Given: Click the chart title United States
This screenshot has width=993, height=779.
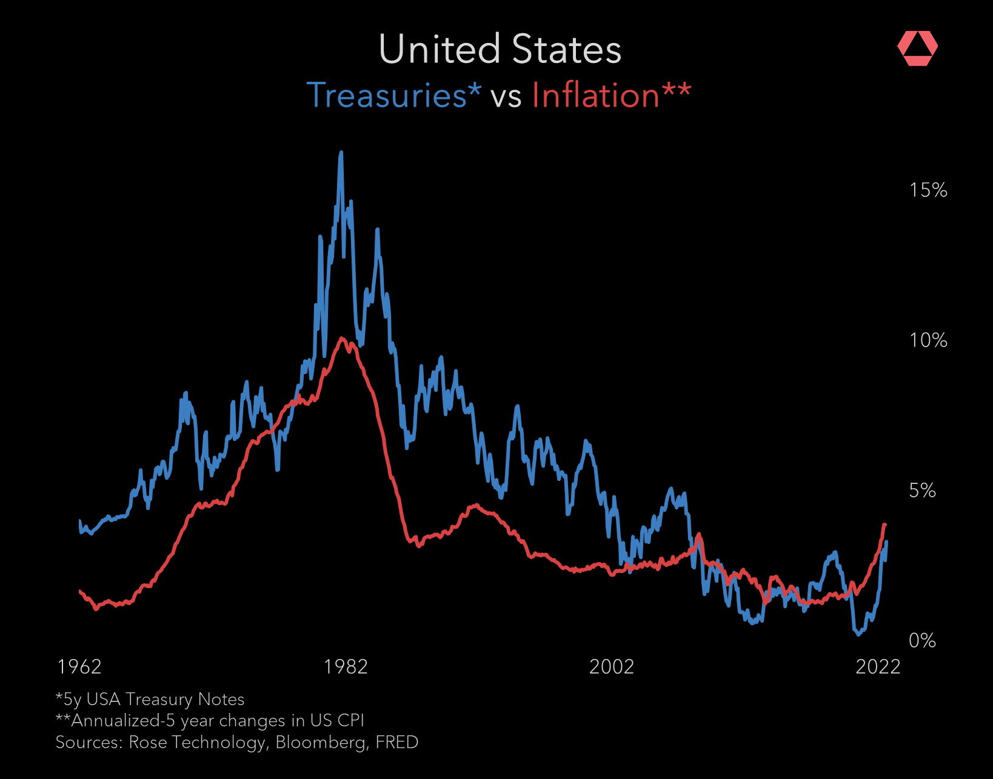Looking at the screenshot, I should (500, 49).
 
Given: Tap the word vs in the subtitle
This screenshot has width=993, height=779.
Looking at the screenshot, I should (506, 97).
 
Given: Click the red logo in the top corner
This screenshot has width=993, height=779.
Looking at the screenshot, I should (917, 48).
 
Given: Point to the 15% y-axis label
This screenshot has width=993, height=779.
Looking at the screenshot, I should (928, 190).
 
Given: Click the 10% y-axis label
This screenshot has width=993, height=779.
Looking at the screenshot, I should (928, 340).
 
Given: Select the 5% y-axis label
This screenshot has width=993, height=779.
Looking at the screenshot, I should (922, 491).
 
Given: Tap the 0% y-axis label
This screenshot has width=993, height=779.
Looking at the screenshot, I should (922, 641).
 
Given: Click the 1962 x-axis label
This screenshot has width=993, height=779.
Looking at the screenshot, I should (79, 667).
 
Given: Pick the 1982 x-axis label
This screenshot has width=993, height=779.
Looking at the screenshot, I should (346, 667).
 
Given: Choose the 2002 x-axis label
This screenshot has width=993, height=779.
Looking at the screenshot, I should (611, 667).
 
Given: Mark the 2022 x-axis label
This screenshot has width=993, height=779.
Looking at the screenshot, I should (877, 667).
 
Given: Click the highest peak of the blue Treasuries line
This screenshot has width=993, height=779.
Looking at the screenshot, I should (341, 153).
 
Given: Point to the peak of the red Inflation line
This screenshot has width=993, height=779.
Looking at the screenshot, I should (343, 338).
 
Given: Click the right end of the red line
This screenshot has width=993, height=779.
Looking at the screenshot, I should (884, 525).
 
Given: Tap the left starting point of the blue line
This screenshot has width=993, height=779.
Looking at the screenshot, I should (80, 521).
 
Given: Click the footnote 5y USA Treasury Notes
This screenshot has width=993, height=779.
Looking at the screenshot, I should (150, 700).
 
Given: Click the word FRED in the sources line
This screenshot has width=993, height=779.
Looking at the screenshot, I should (396, 743).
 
